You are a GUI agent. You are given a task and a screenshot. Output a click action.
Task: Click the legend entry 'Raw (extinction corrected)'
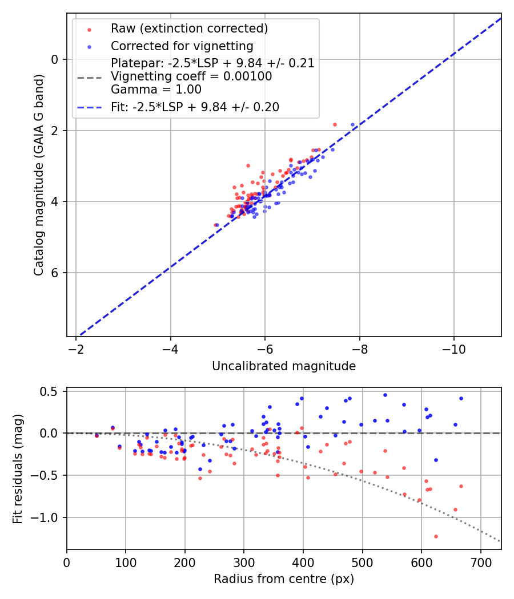[x=189, y=29]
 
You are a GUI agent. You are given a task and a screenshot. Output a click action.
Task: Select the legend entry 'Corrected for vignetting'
[x=182, y=46]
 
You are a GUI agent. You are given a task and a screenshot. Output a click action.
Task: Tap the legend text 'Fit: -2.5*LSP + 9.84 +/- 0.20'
[x=195, y=107]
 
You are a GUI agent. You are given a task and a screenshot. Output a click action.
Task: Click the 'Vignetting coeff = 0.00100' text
[x=191, y=76]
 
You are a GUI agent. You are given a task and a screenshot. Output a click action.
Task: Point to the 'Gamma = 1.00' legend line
[x=156, y=90]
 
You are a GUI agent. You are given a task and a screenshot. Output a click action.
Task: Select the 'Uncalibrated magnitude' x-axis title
[x=284, y=366]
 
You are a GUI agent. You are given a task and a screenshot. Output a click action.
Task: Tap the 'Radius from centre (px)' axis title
[x=284, y=579]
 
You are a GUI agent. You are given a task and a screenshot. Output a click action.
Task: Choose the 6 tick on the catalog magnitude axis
[x=55, y=273]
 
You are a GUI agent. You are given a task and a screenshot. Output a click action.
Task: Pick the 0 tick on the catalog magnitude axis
[x=55, y=59]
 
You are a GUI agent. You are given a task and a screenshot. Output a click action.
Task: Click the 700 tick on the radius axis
[x=480, y=562]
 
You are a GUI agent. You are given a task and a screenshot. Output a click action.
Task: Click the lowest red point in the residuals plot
[x=436, y=536]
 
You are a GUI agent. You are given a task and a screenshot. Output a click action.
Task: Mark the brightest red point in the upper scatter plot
[x=335, y=124]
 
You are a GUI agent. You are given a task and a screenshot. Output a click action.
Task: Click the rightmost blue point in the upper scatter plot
[x=352, y=124]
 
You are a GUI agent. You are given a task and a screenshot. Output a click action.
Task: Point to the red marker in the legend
[x=89, y=29]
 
